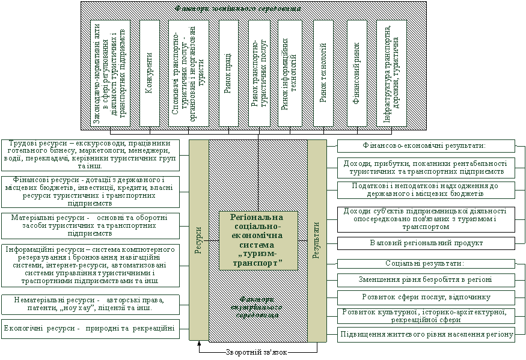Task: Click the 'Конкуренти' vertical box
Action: click(150, 73)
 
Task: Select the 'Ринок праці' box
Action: click(228, 73)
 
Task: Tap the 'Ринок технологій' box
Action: click(323, 73)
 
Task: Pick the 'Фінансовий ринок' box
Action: click(356, 73)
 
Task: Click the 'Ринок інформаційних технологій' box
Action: click(290, 73)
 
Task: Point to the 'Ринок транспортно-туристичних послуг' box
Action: click(258, 73)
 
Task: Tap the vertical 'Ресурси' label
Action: click(199, 240)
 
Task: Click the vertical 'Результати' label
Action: click(316, 240)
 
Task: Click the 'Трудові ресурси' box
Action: click(90, 154)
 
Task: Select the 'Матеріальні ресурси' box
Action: click(90, 225)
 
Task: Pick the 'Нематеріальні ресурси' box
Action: click(90, 304)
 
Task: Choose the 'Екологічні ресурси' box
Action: click(90, 329)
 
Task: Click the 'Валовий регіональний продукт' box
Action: click(426, 243)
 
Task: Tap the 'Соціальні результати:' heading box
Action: click(426, 264)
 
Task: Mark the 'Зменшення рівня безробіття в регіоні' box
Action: click(426, 279)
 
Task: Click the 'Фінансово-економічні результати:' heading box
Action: click(426, 146)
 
